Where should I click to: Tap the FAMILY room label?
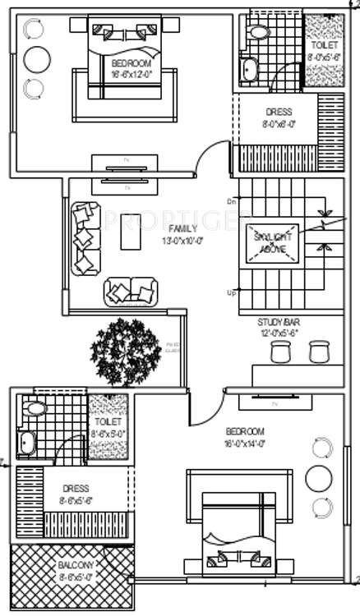(x=182, y=228)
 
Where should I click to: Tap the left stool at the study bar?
(x=281, y=352)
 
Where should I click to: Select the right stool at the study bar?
(x=318, y=352)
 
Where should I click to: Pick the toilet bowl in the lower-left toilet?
(x=35, y=408)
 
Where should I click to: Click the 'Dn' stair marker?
(x=232, y=202)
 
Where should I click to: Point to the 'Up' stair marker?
(x=232, y=292)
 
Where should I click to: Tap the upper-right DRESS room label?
(x=279, y=113)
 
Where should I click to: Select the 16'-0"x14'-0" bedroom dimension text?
(x=245, y=444)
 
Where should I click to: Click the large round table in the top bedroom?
(x=37, y=58)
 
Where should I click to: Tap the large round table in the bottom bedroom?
(x=319, y=477)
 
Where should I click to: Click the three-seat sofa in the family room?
(x=85, y=238)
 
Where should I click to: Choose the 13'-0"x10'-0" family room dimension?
(x=182, y=241)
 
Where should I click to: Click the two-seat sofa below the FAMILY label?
(x=130, y=291)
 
